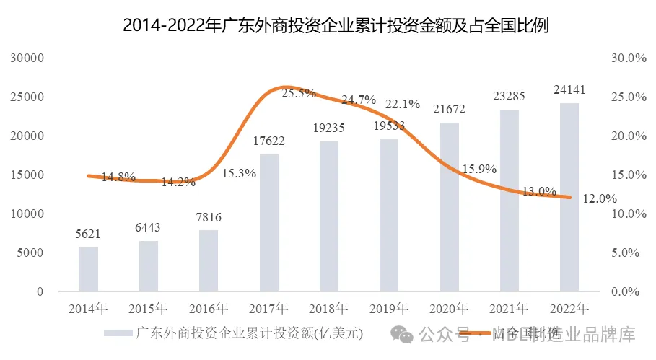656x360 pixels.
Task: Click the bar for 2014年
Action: [88, 269]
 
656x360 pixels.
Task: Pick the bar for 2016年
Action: [208, 260]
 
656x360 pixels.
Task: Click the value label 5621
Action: [88, 234]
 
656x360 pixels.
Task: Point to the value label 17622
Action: [268, 141]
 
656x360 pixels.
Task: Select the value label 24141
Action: [569, 90]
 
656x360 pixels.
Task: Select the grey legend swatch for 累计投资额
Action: [118, 334]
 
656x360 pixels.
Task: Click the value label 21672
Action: [449, 110]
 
